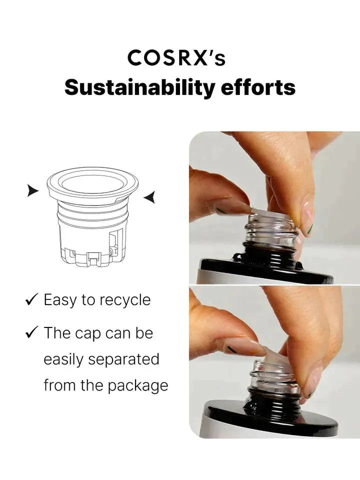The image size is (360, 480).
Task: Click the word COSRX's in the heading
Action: coord(176,58)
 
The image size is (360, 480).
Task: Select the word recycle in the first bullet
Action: coord(124,300)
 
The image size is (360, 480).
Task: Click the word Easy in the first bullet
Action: coord(60,300)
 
